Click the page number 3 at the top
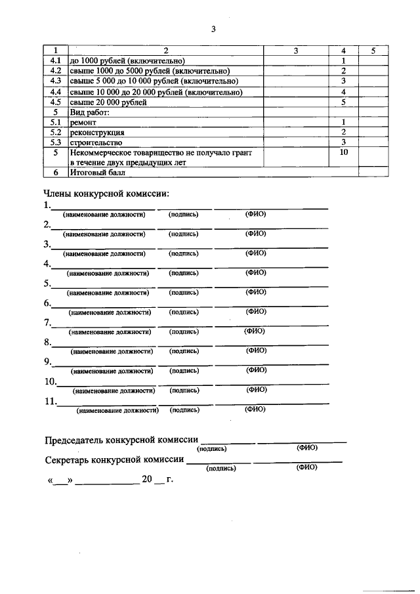coord(213,28)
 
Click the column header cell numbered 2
coord(165,51)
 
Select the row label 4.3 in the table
coord(56,81)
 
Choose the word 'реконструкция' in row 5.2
coord(96,133)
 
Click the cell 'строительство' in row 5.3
coord(95,142)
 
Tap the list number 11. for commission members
coord(51,401)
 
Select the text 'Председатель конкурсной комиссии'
coord(121,440)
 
